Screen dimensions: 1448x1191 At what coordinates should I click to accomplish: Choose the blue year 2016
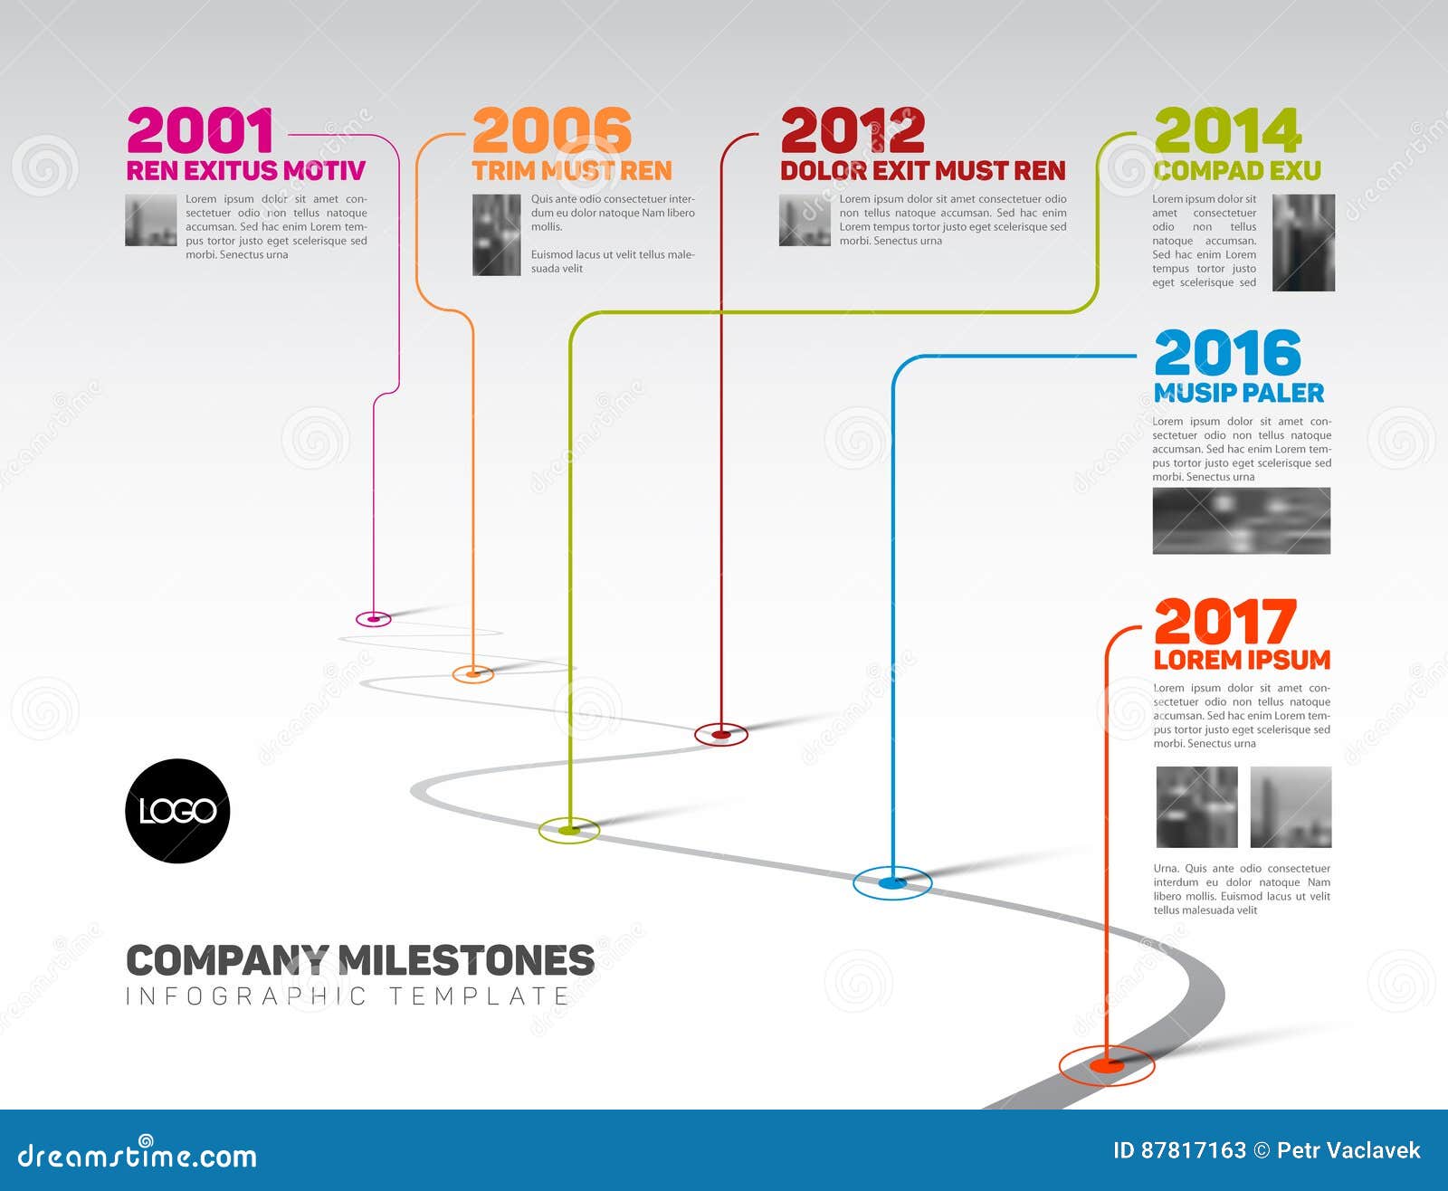coord(1227,353)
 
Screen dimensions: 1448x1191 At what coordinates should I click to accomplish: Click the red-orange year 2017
coord(1225,621)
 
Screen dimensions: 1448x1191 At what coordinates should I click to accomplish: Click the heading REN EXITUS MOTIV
coord(246,171)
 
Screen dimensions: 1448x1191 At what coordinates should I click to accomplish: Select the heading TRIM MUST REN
coord(572,171)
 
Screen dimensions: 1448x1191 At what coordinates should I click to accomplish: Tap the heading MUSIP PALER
coord(1239,393)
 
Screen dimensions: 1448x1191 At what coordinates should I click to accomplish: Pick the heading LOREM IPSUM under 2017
coord(1242,660)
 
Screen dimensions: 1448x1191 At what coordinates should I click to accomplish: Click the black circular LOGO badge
coord(177,811)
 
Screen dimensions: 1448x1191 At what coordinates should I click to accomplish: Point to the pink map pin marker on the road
coord(374,619)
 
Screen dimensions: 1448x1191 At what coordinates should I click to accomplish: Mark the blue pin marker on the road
coord(892,882)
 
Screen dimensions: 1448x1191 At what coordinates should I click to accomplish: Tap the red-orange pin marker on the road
coord(1107,1065)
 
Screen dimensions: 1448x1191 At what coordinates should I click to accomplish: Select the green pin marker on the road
coord(569,831)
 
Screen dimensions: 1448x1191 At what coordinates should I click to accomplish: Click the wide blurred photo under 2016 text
coord(1242,521)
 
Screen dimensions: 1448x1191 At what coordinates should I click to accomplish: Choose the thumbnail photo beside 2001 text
coord(151,220)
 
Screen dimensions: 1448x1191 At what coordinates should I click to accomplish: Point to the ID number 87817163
coord(1194,1150)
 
